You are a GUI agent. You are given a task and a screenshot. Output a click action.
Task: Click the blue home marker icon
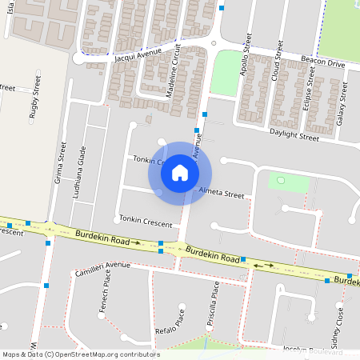(180, 173)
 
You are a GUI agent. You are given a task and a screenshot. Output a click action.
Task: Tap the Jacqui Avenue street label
(138, 54)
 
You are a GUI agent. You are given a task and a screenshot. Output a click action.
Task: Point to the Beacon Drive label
(322, 61)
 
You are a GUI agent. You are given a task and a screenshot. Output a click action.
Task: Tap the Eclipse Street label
(309, 95)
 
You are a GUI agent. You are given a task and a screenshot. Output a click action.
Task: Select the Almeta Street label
(221, 193)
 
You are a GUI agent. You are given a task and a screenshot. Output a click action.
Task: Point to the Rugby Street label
(34, 98)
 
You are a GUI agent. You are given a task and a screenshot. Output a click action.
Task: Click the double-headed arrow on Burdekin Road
(263, 264)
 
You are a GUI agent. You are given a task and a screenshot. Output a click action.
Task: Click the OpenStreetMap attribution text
(80, 354)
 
